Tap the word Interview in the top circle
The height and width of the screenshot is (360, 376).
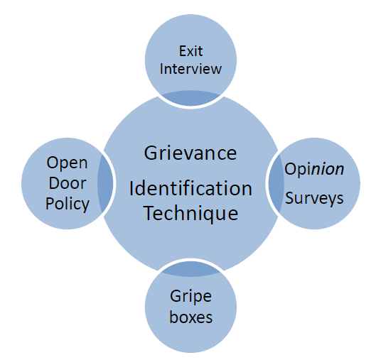[190, 69]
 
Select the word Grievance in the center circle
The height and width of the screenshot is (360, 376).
[190, 153]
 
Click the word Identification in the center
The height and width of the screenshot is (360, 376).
[190, 189]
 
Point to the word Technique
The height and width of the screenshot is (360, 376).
[190, 212]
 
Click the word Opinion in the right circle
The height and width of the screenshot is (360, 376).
[314, 170]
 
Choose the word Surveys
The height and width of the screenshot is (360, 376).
[314, 197]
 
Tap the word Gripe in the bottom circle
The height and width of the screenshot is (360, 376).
[190, 296]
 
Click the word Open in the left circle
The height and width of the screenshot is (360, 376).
[68, 163]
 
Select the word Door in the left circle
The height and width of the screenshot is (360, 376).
[68, 183]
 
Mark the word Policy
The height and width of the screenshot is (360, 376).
[68, 204]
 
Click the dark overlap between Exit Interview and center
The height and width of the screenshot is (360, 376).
[190, 99]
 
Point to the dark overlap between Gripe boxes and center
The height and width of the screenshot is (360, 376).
[190, 268]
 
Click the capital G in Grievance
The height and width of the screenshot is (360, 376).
[151, 153]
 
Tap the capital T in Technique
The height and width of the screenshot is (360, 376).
[149, 212]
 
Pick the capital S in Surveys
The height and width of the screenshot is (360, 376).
[290, 197]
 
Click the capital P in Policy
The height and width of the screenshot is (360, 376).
[50, 204]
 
